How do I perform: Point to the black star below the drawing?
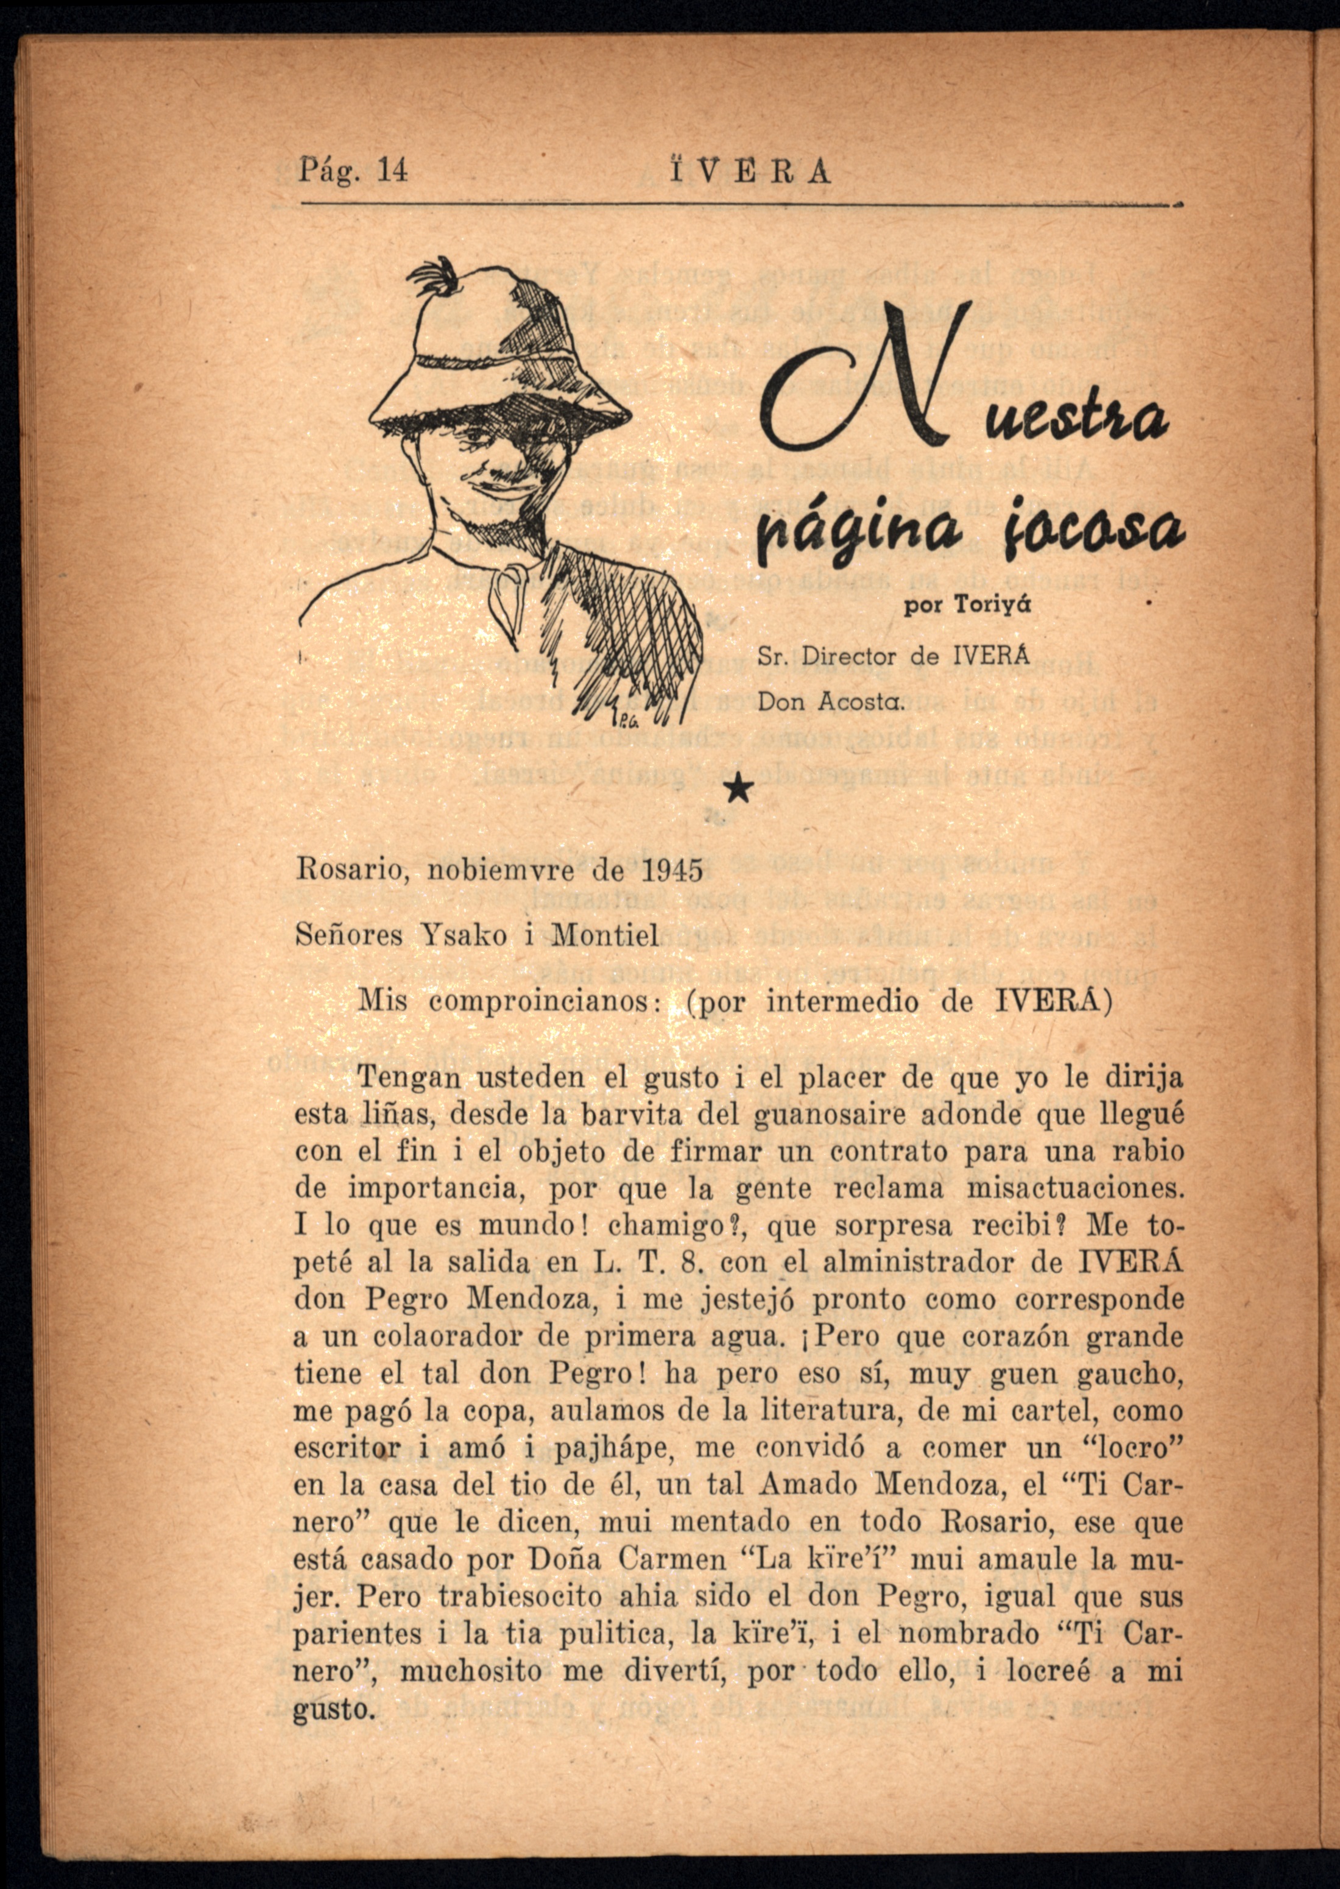click(740, 790)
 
